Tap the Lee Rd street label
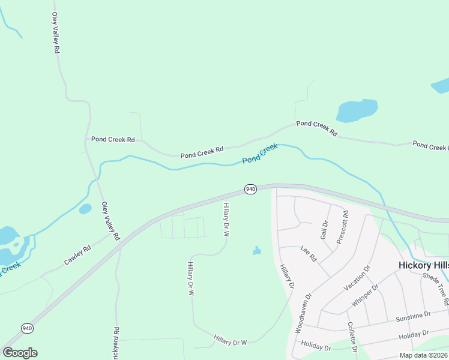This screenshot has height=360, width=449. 309,254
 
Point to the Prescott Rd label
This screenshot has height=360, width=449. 342,226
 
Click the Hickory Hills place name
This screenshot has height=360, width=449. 423,265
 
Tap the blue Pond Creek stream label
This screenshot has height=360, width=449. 260,154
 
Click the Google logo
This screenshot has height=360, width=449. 20,353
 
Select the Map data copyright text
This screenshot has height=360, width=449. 424,355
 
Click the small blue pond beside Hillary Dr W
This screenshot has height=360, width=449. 257,250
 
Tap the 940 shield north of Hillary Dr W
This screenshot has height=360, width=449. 250,190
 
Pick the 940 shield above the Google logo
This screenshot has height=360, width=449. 27,328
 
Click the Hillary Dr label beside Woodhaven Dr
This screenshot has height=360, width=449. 286,277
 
